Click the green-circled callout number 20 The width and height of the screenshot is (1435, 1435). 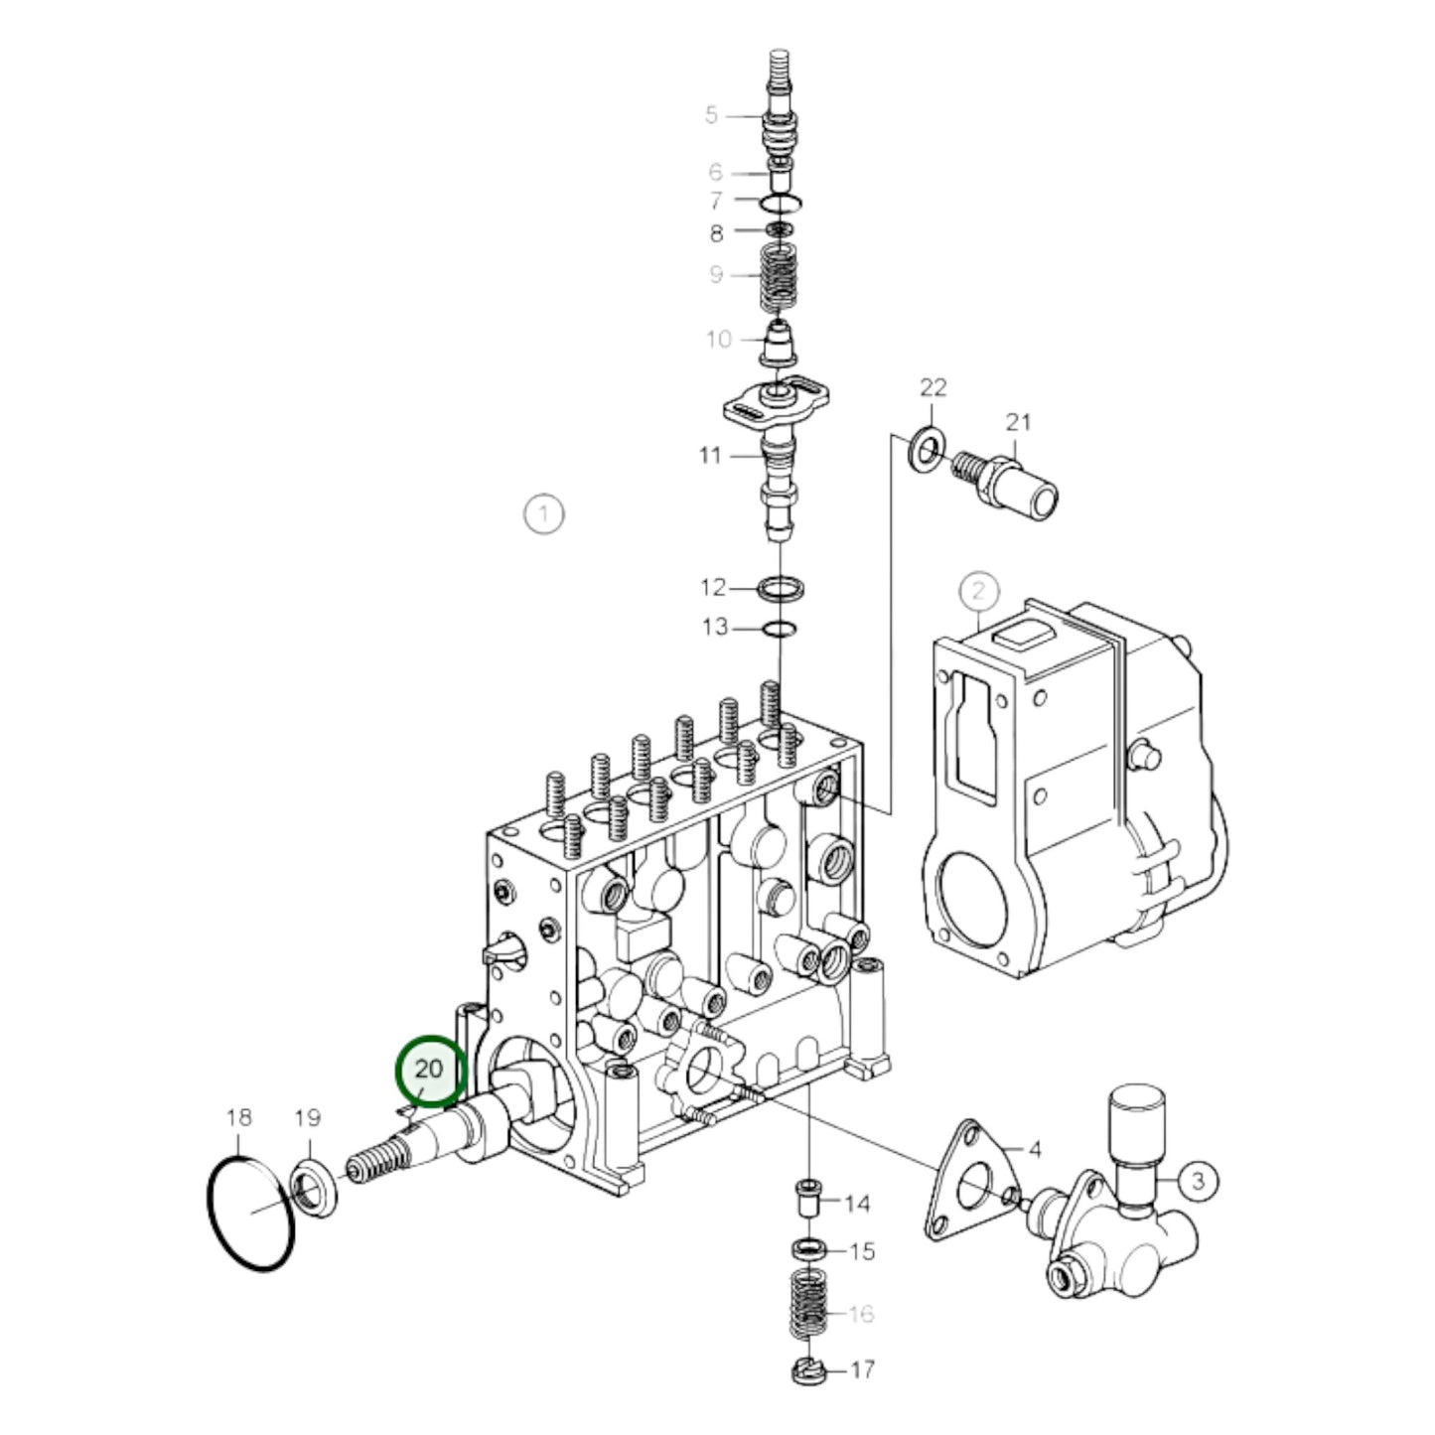coord(428,1070)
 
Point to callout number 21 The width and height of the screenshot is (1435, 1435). coord(1018,423)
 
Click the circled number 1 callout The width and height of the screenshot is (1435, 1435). coord(544,513)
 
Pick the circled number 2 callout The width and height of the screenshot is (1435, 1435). coord(978,591)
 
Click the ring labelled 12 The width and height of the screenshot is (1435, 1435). coord(781,589)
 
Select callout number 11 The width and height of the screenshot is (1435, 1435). coord(710,454)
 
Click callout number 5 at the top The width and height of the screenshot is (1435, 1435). coord(711,114)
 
